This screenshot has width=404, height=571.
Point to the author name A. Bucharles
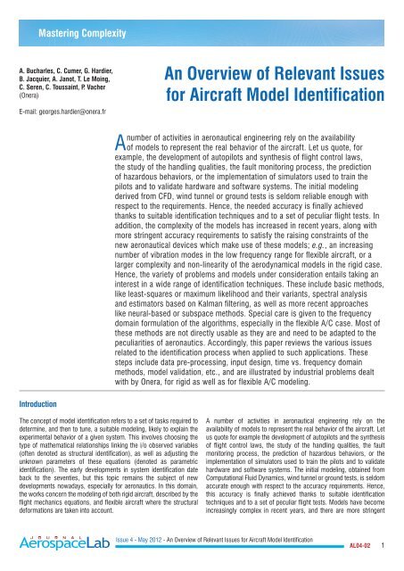tap(37, 67)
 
